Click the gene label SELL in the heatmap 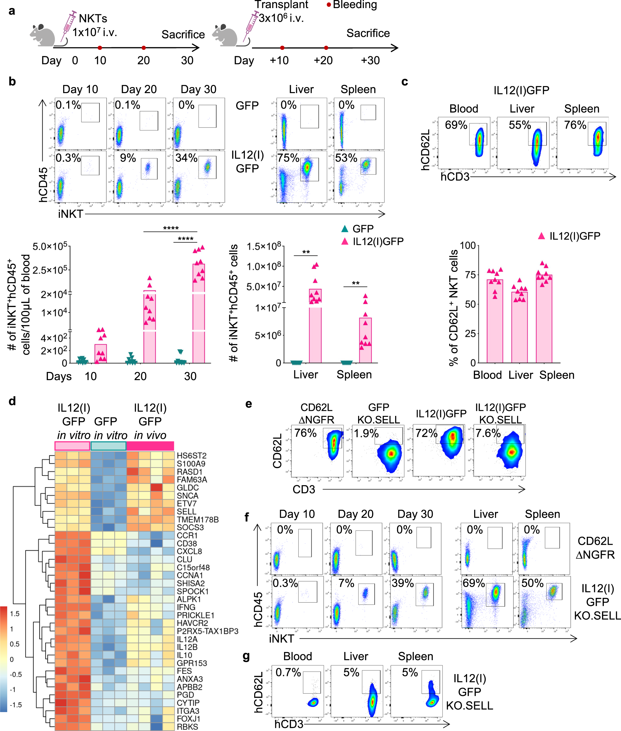coord(186,511)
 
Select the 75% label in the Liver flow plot coord(288,158)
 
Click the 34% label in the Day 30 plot coord(186,158)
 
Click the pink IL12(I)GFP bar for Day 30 coord(198,313)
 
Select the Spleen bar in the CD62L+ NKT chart coord(544,319)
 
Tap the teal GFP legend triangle coord(345,229)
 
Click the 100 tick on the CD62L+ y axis coord(468,246)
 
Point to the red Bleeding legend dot coord(329,5)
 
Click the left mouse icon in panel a coord(43,35)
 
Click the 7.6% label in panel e coord(488,433)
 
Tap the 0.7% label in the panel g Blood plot coord(288,673)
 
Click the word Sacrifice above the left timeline coord(183,35)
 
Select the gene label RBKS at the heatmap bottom coord(187,727)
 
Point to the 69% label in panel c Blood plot coord(456,125)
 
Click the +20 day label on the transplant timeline coord(323,61)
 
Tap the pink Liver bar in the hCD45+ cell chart coord(315,326)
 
